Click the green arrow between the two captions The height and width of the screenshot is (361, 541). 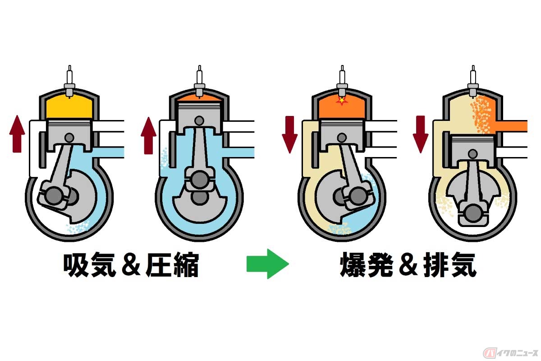[x=268, y=264]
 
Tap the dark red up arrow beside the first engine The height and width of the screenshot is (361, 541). [x=17, y=134]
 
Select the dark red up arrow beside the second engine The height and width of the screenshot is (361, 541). [x=148, y=135]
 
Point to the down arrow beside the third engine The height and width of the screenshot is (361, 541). [x=289, y=134]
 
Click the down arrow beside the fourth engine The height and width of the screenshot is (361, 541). [x=421, y=134]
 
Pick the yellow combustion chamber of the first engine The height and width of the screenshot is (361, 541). [x=69, y=107]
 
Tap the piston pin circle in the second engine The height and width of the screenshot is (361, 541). [x=199, y=120]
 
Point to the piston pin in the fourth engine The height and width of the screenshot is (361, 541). [x=472, y=154]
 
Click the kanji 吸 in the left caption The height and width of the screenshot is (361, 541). [x=76, y=264]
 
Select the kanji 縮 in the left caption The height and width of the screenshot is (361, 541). [x=185, y=264]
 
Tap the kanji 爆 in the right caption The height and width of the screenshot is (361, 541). [x=353, y=264]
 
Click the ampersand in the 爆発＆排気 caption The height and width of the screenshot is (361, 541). [x=408, y=265]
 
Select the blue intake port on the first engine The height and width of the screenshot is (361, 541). [x=108, y=153]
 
